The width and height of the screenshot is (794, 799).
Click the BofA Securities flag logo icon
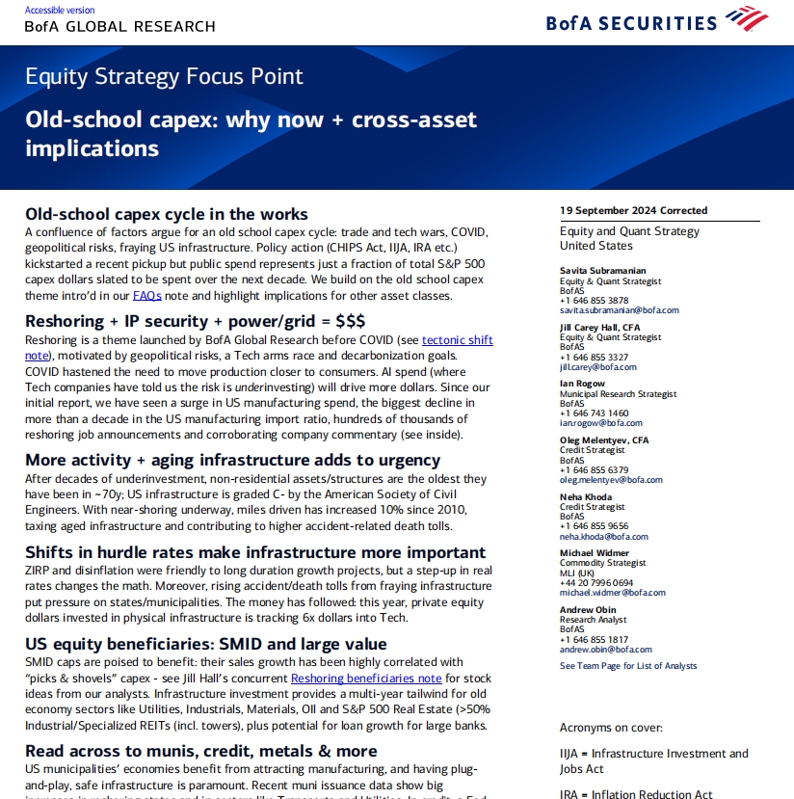[x=747, y=18]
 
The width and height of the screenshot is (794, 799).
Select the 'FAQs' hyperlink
[x=146, y=295]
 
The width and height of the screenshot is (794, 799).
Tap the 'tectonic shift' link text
[x=457, y=340]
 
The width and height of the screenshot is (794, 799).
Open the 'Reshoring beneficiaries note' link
[x=366, y=678]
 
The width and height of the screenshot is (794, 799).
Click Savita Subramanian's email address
[x=619, y=310]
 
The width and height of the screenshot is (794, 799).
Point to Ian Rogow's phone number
[x=595, y=413]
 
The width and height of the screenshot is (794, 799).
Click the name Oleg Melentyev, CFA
[x=604, y=440]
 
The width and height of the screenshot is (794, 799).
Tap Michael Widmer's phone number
[x=596, y=582]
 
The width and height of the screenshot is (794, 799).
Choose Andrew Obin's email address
[x=605, y=649]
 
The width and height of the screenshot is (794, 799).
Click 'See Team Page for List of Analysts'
[x=628, y=666]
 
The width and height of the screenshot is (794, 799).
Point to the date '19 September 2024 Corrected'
[x=633, y=210]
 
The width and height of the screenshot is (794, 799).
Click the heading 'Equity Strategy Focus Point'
[x=164, y=76]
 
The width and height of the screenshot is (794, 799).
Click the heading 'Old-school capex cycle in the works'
[x=167, y=214]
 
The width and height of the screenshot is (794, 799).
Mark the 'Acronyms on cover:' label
[x=611, y=728]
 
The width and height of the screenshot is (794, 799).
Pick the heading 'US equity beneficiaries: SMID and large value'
[x=206, y=644]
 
